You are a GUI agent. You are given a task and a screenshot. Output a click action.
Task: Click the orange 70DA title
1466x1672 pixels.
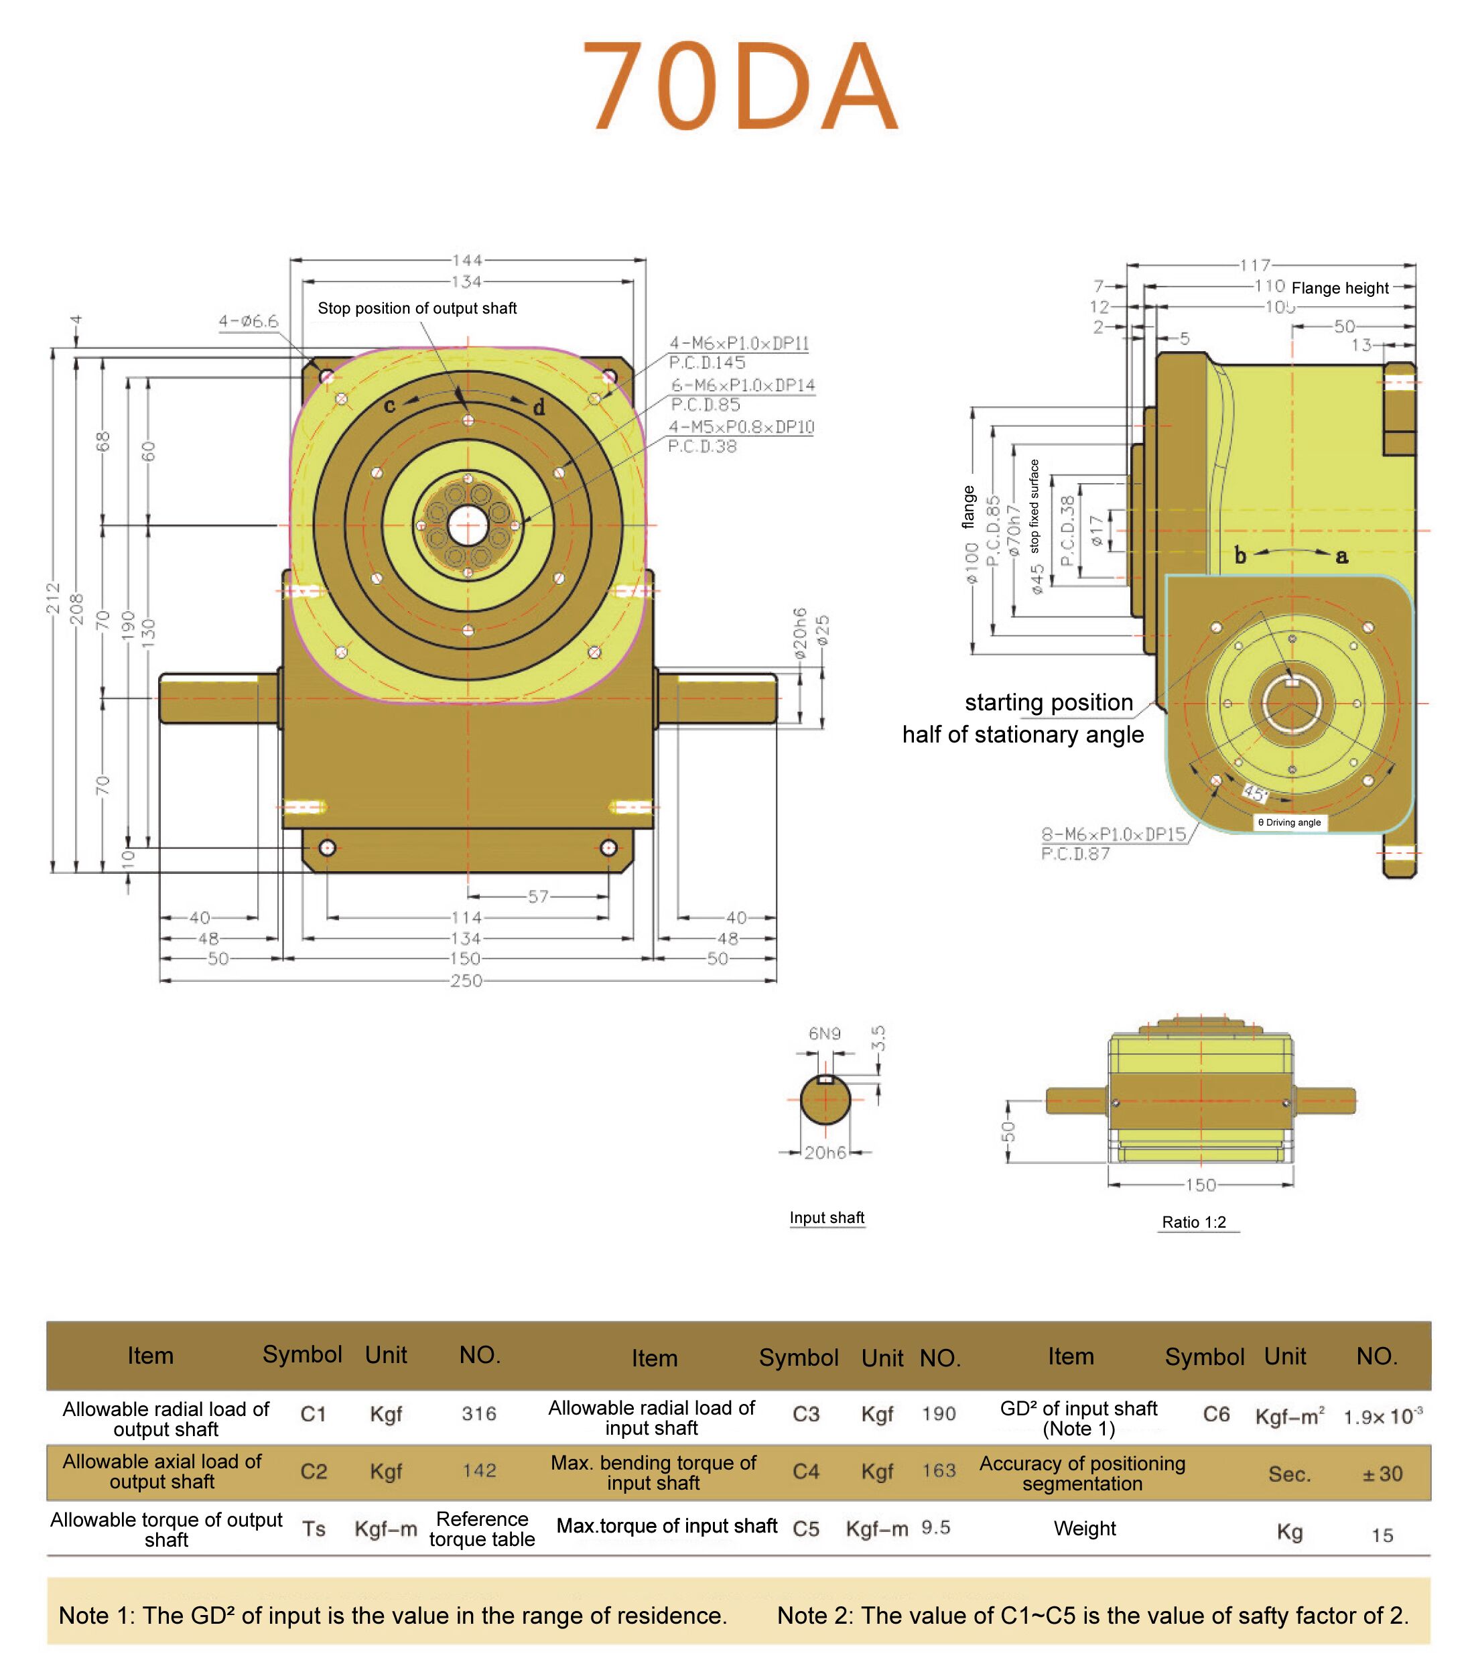click(x=741, y=86)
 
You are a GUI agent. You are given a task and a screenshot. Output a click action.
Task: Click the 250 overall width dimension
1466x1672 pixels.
click(x=466, y=980)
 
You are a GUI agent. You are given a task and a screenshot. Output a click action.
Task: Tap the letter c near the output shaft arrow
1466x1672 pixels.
click(x=390, y=405)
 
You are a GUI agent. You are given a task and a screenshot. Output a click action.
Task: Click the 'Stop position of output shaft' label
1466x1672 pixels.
click(x=417, y=308)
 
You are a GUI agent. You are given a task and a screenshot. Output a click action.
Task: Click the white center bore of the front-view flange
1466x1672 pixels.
click(x=468, y=525)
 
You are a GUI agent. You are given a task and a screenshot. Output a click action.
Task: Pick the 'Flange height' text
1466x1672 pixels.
click(x=1340, y=288)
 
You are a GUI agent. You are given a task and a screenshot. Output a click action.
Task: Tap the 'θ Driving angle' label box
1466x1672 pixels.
click(x=1289, y=822)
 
